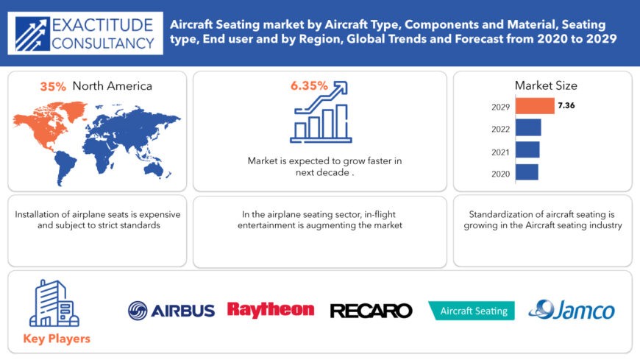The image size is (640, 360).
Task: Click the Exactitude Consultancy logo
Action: click(x=85, y=34)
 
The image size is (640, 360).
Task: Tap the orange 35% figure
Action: click(x=53, y=87)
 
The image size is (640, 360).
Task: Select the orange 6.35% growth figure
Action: click(x=309, y=86)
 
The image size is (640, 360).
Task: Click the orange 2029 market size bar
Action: click(x=535, y=106)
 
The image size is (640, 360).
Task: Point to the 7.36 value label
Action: click(x=566, y=105)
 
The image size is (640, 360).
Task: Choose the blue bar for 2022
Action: click(x=528, y=127)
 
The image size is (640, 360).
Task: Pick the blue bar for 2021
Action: click(x=527, y=149)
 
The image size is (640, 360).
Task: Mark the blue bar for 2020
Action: click(x=527, y=172)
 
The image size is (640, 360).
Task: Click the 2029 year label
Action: click(x=500, y=107)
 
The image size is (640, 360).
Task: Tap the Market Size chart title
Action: click(x=546, y=85)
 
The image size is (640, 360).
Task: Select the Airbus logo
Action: click(x=171, y=311)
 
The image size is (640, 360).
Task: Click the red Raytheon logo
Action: click(x=271, y=310)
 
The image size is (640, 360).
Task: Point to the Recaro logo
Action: click(x=371, y=311)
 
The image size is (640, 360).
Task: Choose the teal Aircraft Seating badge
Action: click(x=472, y=311)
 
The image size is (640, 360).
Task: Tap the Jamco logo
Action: click(x=572, y=310)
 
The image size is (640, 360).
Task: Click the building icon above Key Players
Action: click(x=54, y=303)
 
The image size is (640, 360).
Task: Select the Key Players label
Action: click(x=57, y=339)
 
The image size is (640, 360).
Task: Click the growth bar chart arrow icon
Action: click(x=321, y=112)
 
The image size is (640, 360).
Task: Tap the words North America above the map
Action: click(x=113, y=86)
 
